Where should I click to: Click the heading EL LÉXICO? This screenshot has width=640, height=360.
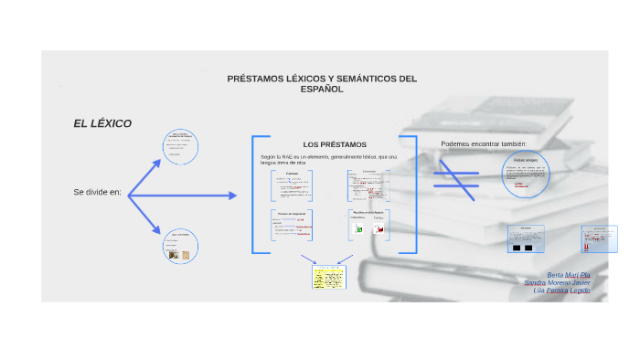coord(102,123)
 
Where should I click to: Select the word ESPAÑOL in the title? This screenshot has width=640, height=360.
coord(321,90)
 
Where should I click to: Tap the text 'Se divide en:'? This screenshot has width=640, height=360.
coord(97,193)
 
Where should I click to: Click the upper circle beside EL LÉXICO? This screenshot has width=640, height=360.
coord(179,147)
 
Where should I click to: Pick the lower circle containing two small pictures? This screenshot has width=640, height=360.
coord(179,248)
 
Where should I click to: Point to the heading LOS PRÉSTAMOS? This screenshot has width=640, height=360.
coord(335,144)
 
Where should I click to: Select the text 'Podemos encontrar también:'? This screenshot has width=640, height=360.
coord(484,143)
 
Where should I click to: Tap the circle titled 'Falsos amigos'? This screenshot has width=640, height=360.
coord(527,174)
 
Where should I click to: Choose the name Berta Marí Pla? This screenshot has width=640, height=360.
coord(569,275)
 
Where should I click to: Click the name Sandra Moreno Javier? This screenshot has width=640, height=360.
coord(558,283)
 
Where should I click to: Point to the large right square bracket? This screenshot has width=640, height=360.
coord(412,195)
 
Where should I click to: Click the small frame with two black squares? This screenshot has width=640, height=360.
coord(526,239)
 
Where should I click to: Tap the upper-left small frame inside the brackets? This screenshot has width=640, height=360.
coord(293,185)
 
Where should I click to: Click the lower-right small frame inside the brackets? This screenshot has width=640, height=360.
coord(368,226)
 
